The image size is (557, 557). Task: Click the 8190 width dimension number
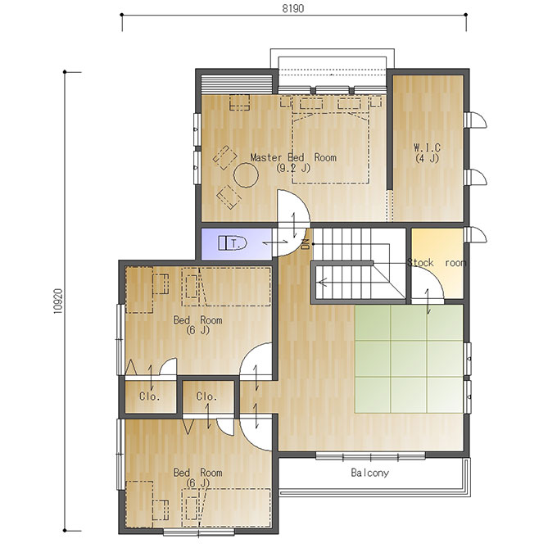pos(293,8)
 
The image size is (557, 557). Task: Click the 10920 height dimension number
pos(58,301)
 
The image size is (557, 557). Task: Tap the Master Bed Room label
pos(293,157)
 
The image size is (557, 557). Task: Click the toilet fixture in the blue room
pos(233,243)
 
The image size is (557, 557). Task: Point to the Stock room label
pos(437,263)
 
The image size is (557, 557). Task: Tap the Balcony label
pos(369,473)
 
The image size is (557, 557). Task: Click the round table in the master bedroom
pos(246,174)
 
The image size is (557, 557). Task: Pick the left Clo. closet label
pos(150,396)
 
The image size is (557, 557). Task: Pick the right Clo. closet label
pos(206,396)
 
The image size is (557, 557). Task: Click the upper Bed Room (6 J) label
pos(198,325)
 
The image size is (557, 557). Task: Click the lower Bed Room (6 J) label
pos(198,478)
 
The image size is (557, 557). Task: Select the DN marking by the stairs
pos(306,244)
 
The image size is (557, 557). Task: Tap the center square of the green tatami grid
pos(409,359)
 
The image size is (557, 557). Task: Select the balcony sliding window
pos(370,456)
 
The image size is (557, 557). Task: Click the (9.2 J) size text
pos(293,168)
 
